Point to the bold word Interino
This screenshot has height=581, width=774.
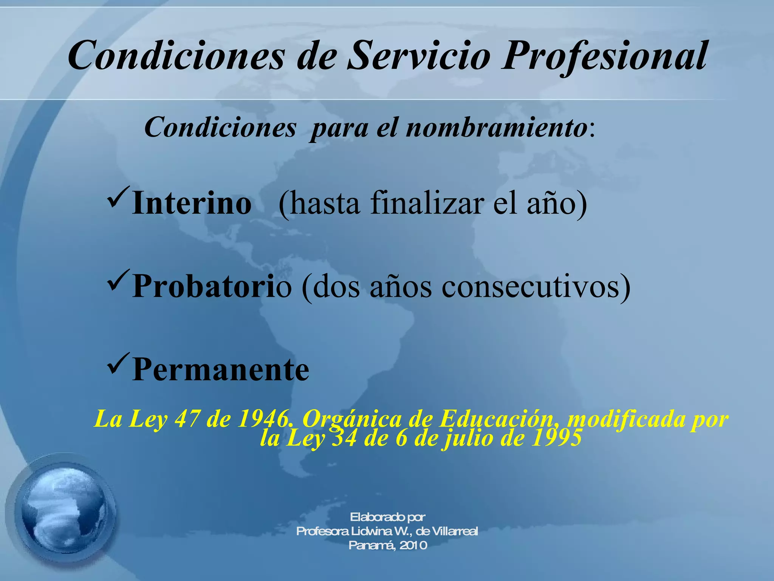192,204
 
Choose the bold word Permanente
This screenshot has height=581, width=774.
221,369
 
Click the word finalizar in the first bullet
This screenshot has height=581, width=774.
427,204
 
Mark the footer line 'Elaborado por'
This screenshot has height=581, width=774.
387,517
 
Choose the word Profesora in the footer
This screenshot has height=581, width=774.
322,531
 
